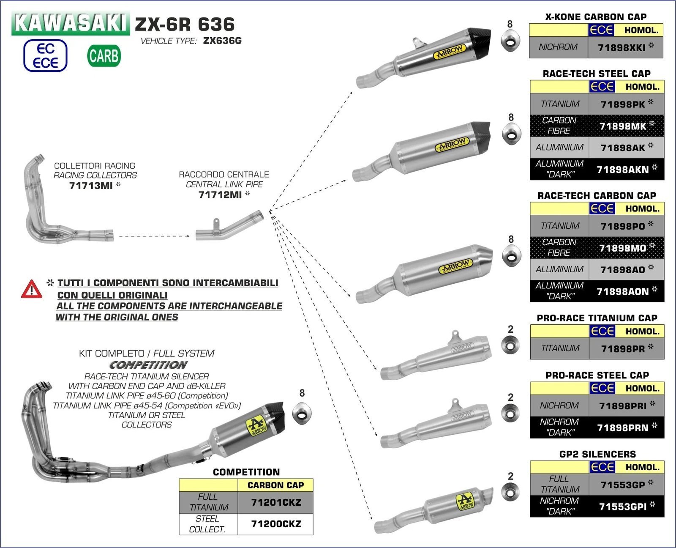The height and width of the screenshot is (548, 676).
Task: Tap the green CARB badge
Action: coord(104,56)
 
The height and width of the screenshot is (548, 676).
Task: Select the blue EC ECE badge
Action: coord(45,56)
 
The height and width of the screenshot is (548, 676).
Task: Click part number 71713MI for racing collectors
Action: coord(91,186)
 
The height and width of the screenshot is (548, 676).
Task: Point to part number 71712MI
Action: coord(220,195)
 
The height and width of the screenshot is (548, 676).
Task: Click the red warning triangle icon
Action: coord(31,289)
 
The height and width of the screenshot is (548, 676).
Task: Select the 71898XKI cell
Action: coord(625,47)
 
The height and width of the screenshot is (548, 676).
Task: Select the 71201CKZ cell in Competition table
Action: coord(276,502)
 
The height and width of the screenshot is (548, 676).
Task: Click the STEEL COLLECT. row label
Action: coord(207,524)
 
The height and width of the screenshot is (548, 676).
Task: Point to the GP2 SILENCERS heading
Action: coord(597,454)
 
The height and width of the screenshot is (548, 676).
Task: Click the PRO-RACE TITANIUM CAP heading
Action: coord(597,318)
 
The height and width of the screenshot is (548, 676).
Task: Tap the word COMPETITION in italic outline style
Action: coord(148,365)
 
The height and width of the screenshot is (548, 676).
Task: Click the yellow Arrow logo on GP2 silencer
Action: coord(465,501)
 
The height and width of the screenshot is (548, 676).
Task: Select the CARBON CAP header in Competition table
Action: coord(275,485)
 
